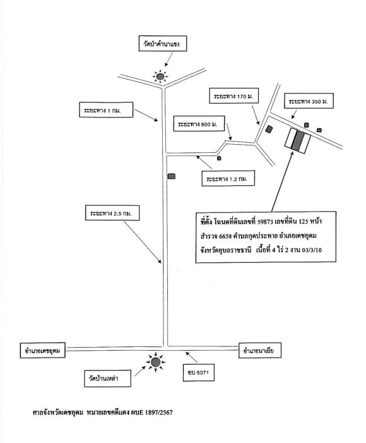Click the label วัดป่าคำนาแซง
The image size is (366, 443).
point(163,44)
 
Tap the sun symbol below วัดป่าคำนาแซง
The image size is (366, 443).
point(160,76)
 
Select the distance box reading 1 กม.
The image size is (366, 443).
point(106,109)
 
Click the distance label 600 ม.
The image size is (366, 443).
point(199,124)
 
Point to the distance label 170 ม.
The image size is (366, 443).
point(233,95)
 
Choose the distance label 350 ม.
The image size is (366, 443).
point(309,100)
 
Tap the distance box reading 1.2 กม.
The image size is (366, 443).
point(228,178)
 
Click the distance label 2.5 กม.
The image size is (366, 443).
point(112,213)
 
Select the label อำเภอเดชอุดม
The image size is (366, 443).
point(43,350)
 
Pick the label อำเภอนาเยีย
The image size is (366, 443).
point(260,350)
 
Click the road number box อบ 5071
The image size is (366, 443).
point(198,373)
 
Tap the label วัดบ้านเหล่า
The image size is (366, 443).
point(107,379)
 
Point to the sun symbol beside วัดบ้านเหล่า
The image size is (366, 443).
point(155,362)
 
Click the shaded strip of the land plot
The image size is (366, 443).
point(298,140)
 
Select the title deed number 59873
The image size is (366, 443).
point(265,222)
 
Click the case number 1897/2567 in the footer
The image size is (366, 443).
point(159,413)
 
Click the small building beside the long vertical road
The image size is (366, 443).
point(172,176)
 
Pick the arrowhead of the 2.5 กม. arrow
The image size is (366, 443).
point(160,262)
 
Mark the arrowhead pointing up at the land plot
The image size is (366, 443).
point(292,153)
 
